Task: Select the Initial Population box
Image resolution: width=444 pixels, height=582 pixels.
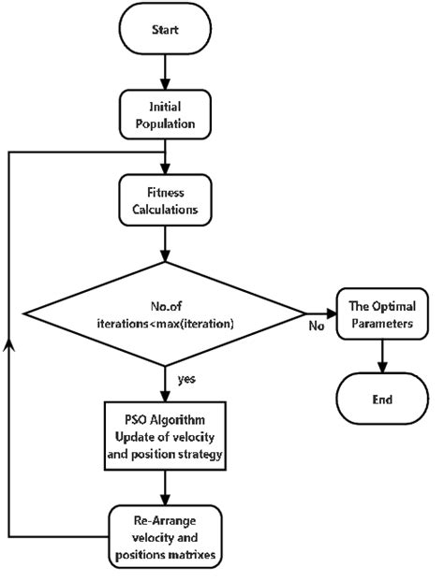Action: (x=165, y=114)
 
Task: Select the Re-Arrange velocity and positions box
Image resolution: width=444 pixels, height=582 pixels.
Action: (x=165, y=535)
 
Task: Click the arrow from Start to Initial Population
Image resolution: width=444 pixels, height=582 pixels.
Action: (x=165, y=73)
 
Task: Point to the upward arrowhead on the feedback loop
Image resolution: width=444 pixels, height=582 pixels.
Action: (x=9, y=343)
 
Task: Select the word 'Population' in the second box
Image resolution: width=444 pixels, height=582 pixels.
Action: (x=165, y=123)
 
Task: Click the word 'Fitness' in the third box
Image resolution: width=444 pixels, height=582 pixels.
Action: (x=165, y=193)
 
